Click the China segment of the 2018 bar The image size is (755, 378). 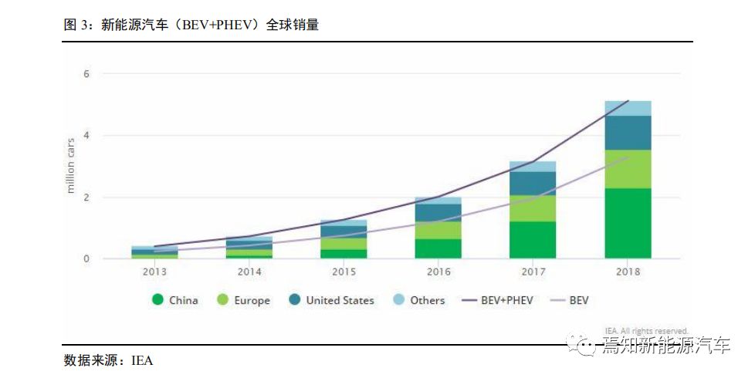(628, 223)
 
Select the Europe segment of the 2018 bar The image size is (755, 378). (628, 169)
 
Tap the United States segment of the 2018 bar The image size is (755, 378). (628, 133)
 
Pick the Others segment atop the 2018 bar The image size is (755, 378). (628, 108)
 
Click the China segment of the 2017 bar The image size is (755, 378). (533, 240)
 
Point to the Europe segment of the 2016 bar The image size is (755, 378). (438, 230)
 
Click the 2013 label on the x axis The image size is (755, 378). (154, 272)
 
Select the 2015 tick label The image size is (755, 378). (344, 272)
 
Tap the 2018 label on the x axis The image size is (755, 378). (628, 272)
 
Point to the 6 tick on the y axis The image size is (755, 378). (87, 74)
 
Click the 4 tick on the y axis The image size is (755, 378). (87, 136)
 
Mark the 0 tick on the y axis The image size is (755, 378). (87, 259)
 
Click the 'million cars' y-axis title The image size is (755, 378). (71, 167)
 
